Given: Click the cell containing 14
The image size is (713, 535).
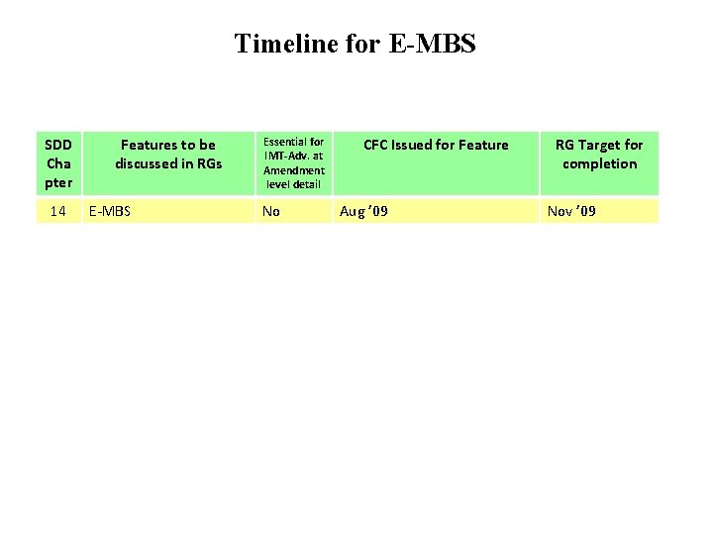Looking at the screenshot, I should pyautogui.click(x=57, y=211).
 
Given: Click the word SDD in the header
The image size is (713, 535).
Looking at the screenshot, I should pyautogui.click(x=58, y=145).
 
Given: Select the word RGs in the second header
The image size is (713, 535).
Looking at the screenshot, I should pyautogui.click(x=210, y=163).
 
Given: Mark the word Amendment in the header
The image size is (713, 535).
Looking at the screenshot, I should pyautogui.click(x=294, y=170).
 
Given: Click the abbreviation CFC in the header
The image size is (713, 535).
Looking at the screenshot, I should pyautogui.click(x=376, y=145).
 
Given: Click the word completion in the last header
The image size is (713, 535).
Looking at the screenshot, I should pyautogui.click(x=599, y=163).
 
